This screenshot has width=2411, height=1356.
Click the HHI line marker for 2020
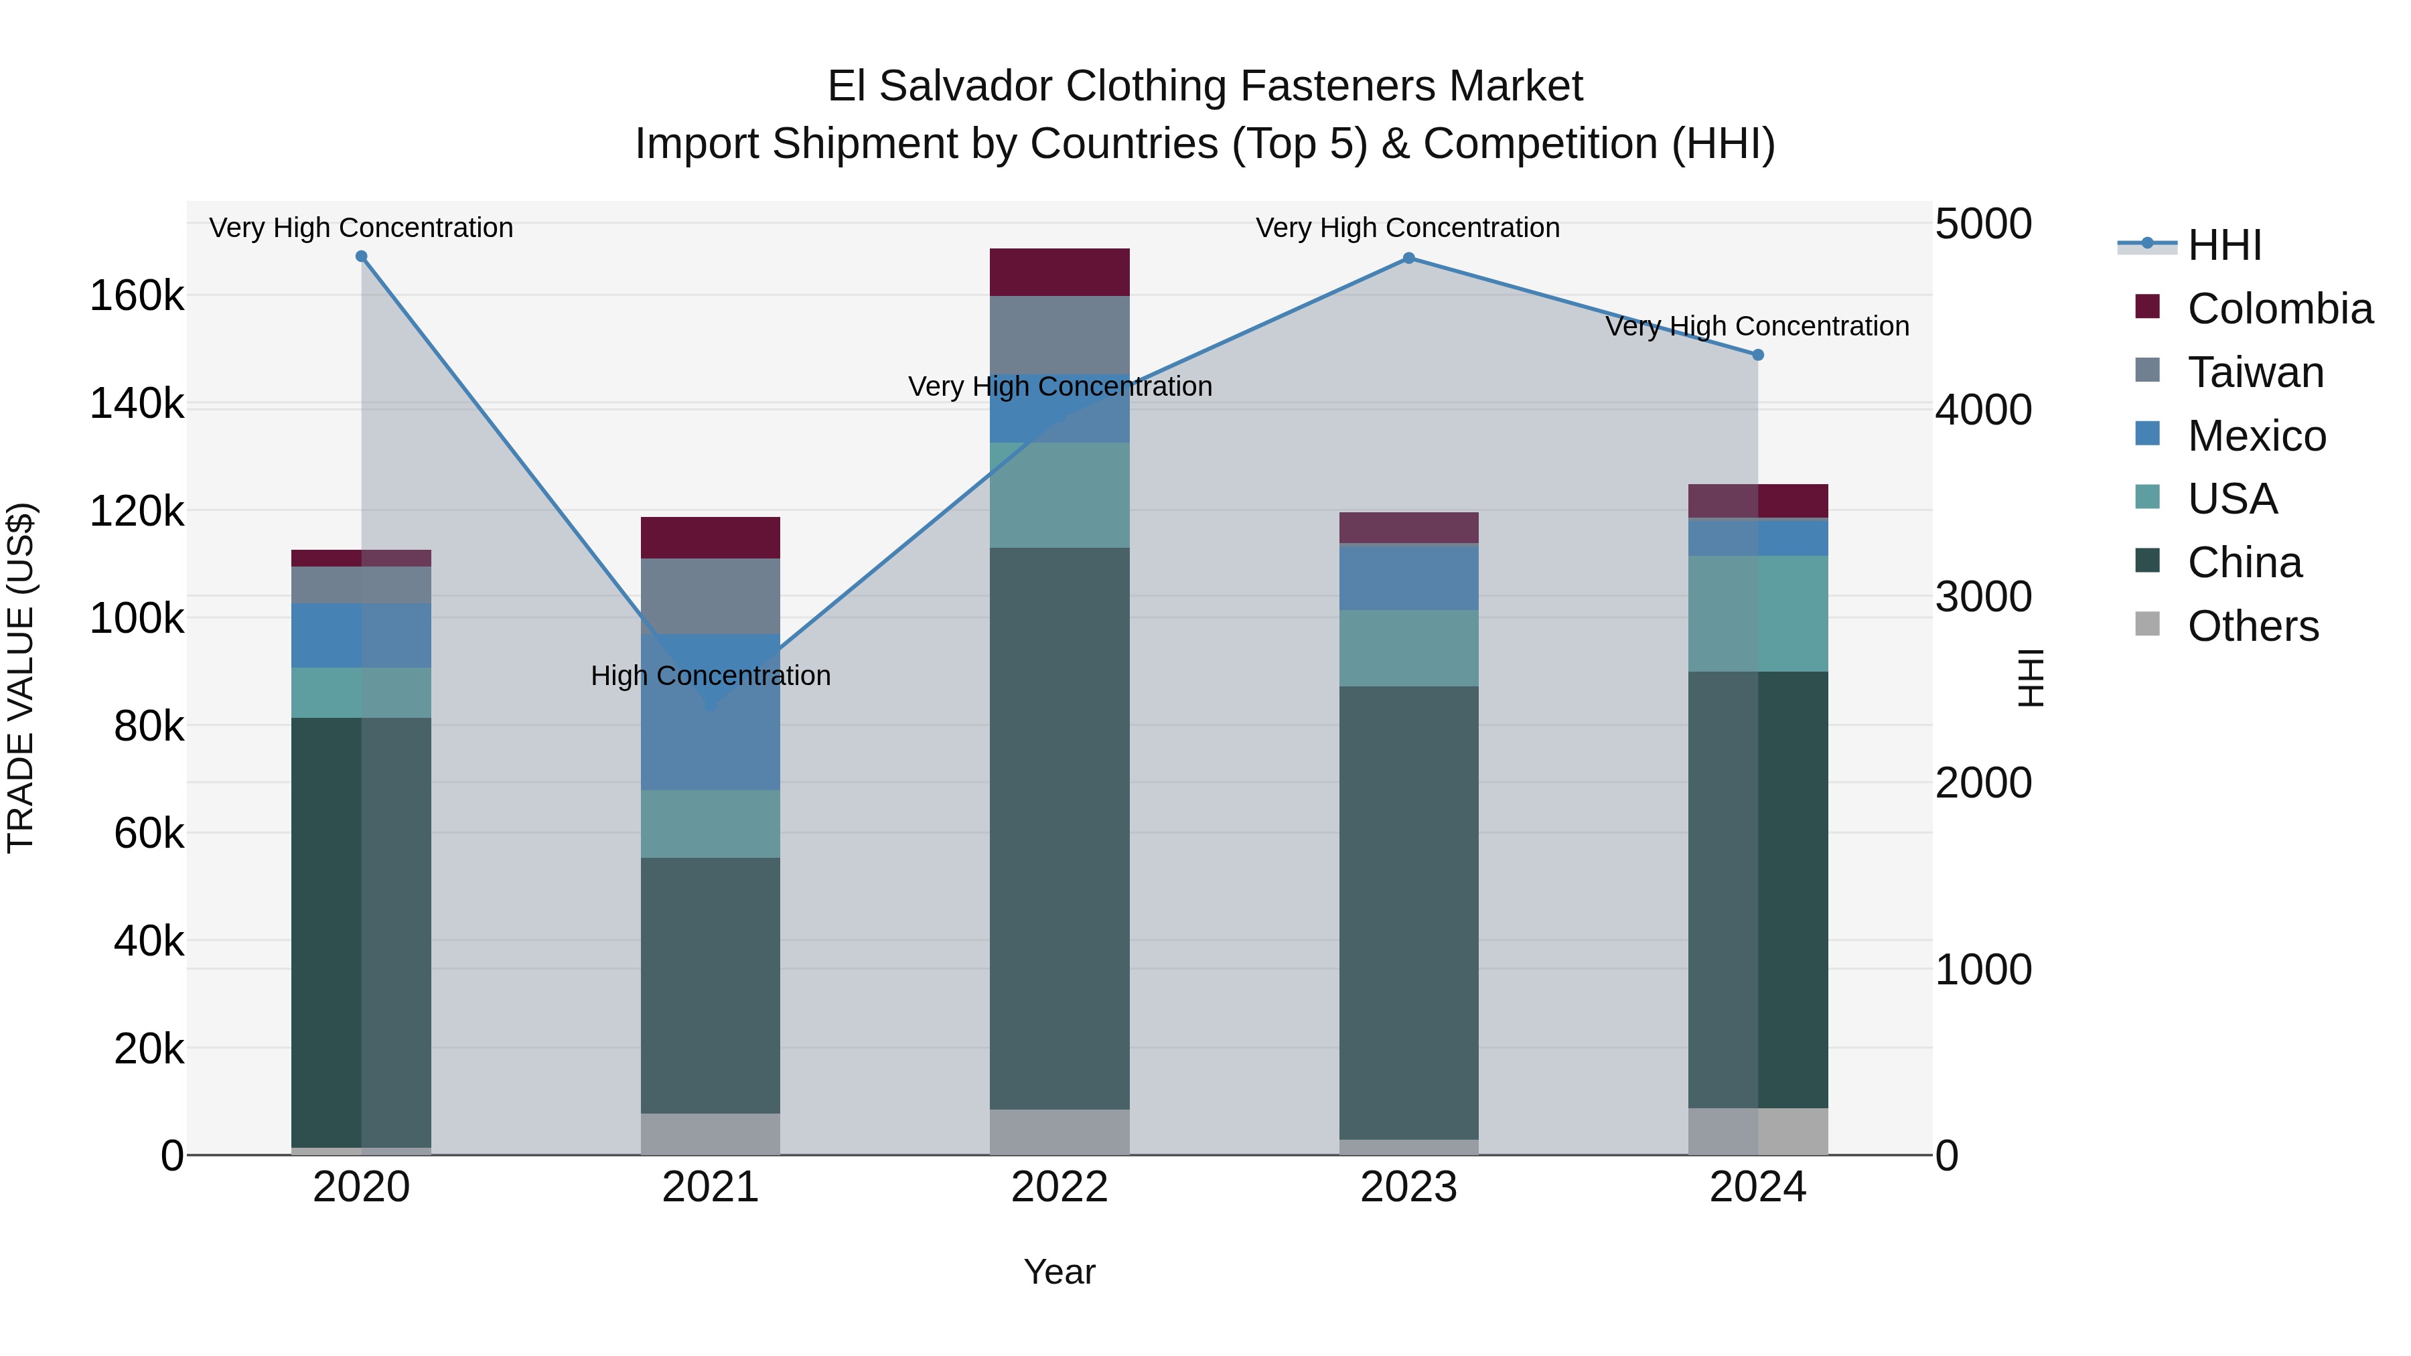coord(361,256)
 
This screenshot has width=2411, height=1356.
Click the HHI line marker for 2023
coord(1408,258)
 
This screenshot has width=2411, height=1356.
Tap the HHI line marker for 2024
coord(1758,355)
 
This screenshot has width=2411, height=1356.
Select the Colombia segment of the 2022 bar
coord(1060,273)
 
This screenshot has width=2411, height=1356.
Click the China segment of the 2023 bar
coord(1408,913)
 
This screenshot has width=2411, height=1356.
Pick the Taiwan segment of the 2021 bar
coord(711,596)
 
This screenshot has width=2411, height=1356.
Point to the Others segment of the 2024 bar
coord(1758,1132)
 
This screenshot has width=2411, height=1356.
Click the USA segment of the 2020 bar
coord(361,692)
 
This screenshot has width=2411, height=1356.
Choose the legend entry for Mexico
coord(2256,435)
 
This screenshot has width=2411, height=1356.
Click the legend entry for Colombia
coord(2279,309)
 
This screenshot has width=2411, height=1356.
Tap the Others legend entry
coord(2252,626)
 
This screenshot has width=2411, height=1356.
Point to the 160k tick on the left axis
coord(137,297)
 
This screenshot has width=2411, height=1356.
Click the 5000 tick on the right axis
coord(1982,224)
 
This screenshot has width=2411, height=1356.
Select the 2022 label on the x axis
coord(1060,1187)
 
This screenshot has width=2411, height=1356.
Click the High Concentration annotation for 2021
coord(711,676)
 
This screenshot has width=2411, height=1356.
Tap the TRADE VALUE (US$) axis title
coord(21,678)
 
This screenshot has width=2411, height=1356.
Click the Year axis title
coord(1060,1272)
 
